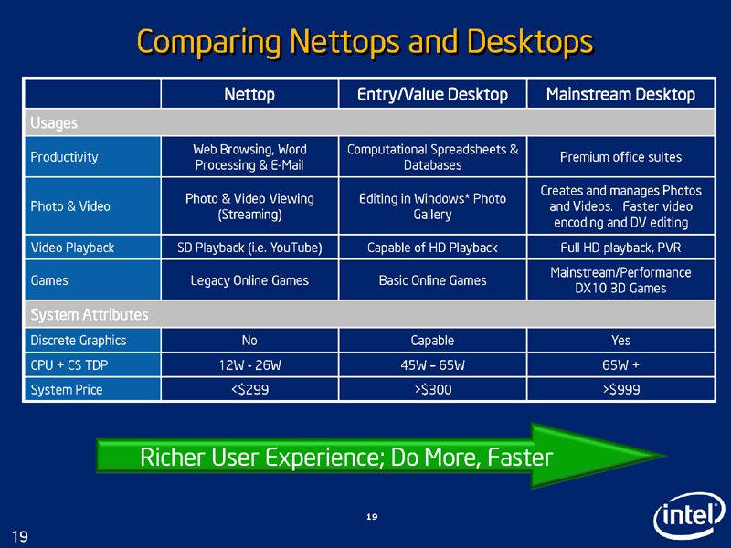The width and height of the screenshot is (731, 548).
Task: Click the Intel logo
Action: tap(689, 515)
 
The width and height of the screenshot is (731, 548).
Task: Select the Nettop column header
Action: tap(249, 94)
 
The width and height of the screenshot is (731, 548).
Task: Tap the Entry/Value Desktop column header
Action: tap(432, 94)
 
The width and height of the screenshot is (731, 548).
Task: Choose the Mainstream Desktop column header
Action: tap(620, 94)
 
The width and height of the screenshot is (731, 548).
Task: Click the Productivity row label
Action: tap(64, 157)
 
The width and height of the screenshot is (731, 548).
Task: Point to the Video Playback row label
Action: tap(72, 248)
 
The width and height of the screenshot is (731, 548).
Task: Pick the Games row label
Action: tap(49, 280)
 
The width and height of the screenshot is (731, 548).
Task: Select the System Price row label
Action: tap(66, 390)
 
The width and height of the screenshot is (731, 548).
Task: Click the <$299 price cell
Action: tap(249, 390)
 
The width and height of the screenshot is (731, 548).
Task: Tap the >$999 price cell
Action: tap(620, 390)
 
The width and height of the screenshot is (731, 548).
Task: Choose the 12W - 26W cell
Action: tap(249, 364)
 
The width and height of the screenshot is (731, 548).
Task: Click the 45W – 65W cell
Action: tap(432, 364)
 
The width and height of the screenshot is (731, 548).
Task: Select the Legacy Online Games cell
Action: tap(249, 280)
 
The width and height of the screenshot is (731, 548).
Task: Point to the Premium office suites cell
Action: tap(620, 157)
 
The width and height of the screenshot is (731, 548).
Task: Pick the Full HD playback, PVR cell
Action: tap(620, 248)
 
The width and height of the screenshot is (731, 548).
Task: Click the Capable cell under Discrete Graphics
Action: tap(432, 340)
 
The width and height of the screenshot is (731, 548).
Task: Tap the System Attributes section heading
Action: tap(89, 314)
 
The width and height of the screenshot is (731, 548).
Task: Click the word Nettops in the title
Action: tap(344, 41)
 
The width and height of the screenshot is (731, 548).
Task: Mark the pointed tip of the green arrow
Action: tap(666, 456)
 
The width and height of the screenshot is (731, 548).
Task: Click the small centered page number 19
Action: tap(372, 517)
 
